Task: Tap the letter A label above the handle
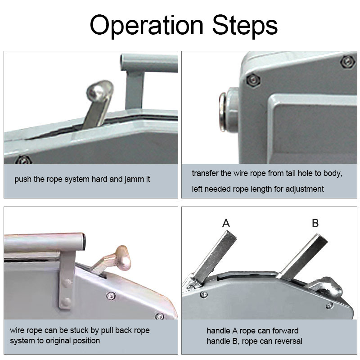[x=226, y=223]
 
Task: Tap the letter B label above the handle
[x=315, y=223]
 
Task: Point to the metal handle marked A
[x=215, y=257]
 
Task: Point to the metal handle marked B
[x=303, y=257]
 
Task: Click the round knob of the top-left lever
[x=99, y=91]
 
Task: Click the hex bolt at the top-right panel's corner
[x=347, y=62]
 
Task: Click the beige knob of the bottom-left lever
[x=123, y=257]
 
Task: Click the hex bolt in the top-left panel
[x=23, y=160]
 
